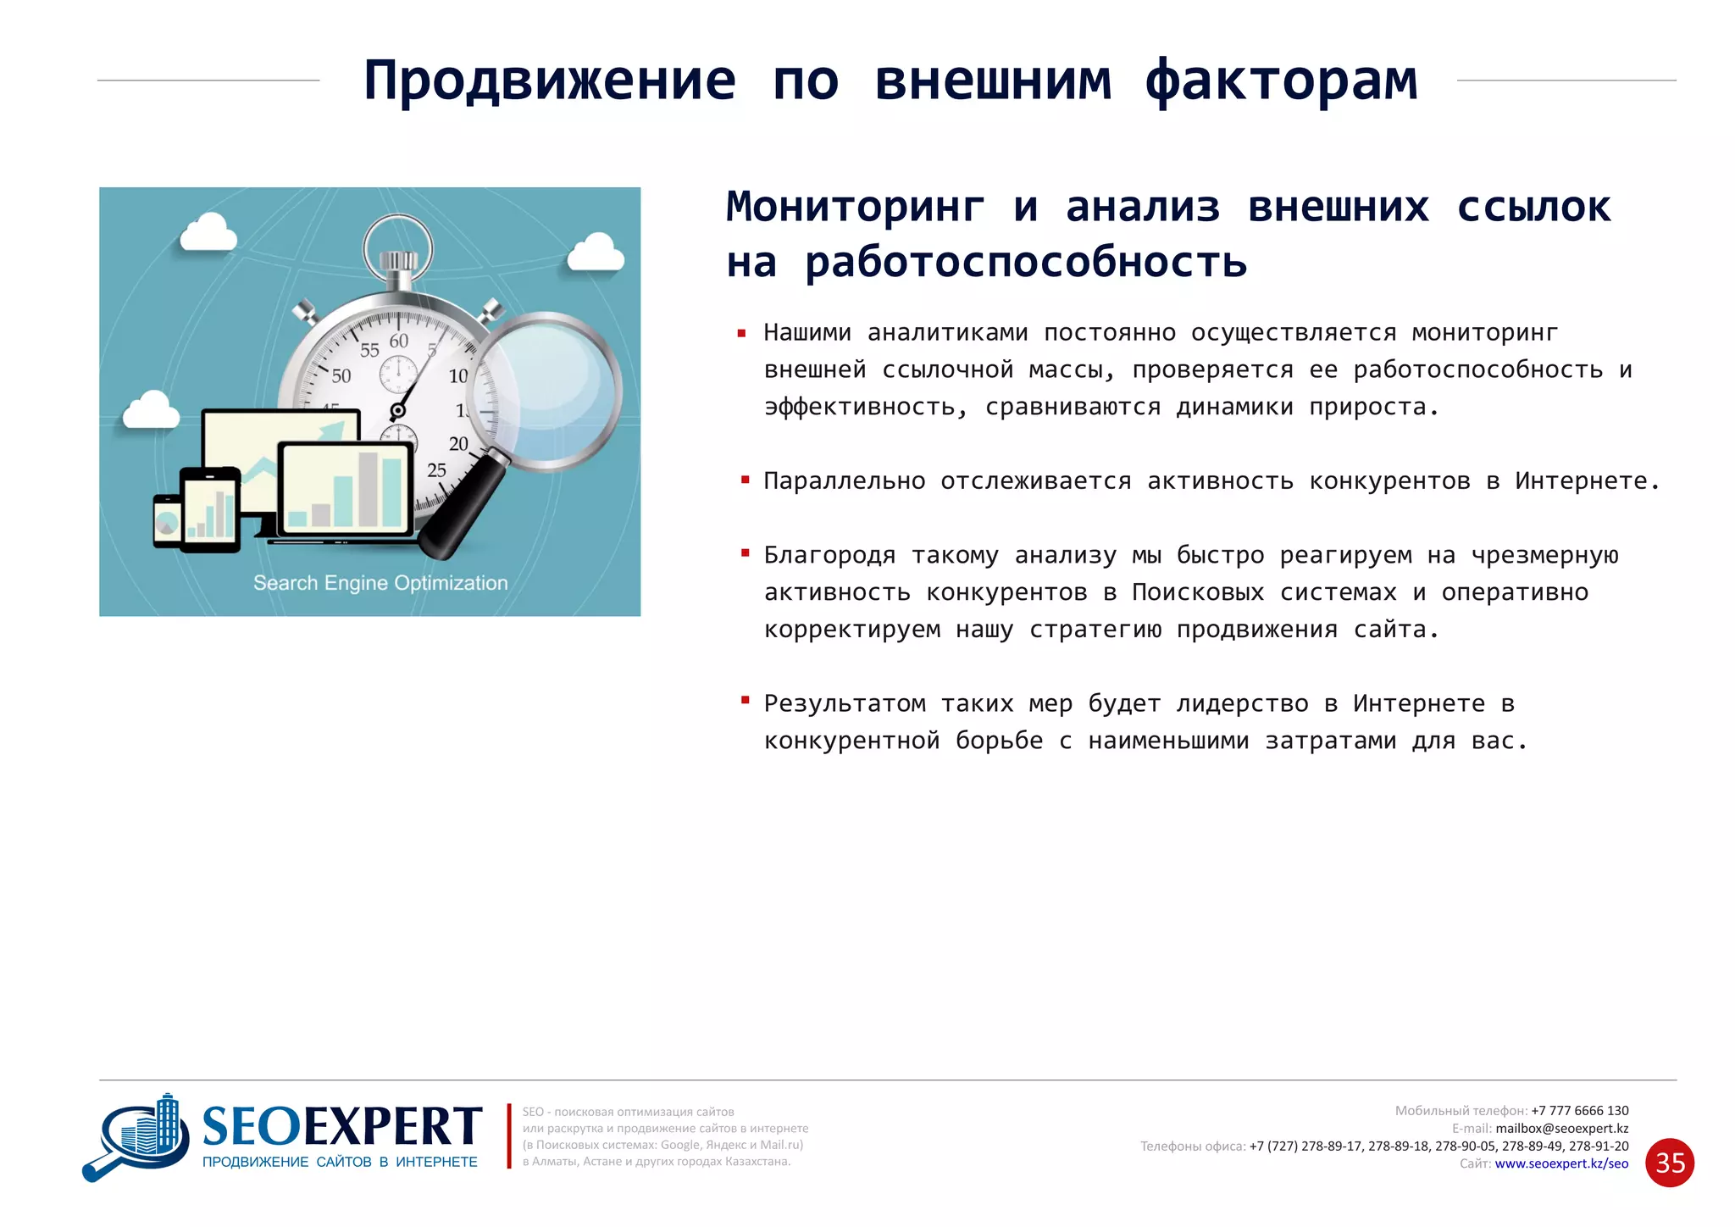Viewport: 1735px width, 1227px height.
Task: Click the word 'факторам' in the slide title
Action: pyautogui.click(x=1281, y=81)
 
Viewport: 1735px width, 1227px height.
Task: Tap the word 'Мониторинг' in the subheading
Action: pyautogui.click(x=856, y=207)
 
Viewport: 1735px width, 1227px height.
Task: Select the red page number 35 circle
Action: pyautogui.click(x=1669, y=1163)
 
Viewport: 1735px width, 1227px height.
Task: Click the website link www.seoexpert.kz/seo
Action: pyautogui.click(x=1561, y=1163)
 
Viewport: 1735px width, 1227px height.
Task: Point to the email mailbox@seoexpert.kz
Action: pyautogui.click(x=1561, y=1128)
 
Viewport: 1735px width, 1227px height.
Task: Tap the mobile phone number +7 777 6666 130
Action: pyautogui.click(x=1579, y=1110)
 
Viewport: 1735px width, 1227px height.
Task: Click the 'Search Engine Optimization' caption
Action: pyautogui.click(x=380, y=583)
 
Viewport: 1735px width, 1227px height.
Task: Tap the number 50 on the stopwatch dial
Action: pyautogui.click(x=341, y=375)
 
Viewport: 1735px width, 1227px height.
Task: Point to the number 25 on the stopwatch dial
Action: pyautogui.click(x=436, y=470)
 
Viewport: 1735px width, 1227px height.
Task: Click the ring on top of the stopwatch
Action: pyautogui.click(x=398, y=242)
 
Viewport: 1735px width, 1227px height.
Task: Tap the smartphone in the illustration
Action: pyautogui.click(x=166, y=520)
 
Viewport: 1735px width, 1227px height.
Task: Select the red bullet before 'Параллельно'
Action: pyautogui.click(x=746, y=480)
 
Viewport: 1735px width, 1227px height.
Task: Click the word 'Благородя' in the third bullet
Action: pyautogui.click(x=829, y=555)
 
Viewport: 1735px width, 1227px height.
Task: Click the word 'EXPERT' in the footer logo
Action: pyautogui.click(x=392, y=1127)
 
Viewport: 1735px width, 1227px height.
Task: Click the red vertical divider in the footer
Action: pyautogui.click(x=509, y=1135)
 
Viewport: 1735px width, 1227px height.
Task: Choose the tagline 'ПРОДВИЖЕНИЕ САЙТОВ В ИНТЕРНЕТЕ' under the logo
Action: pyautogui.click(x=340, y=1162)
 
